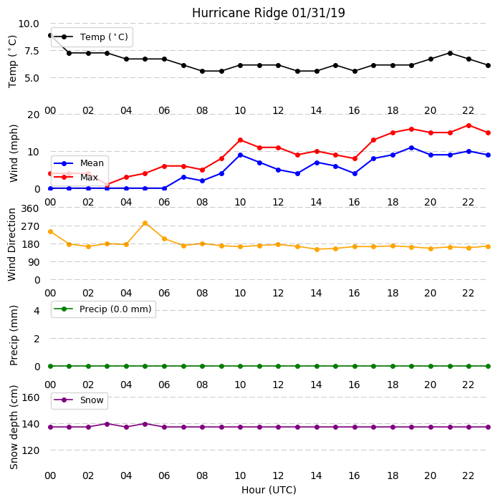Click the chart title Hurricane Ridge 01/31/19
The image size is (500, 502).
[269, 13]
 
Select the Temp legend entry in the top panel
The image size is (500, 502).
[92, 37]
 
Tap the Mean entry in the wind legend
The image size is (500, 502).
[79, 163]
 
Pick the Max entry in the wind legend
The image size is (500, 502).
[76, 177]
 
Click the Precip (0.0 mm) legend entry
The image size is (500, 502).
[103, 309]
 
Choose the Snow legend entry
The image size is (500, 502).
[79, 400]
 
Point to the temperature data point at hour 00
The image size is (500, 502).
[50, 36]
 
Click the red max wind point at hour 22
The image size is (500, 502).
[469, 125]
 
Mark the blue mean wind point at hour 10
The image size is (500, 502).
[240, 155]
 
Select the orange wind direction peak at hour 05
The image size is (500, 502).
[145, 223]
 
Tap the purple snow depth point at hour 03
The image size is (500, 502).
[107, 424]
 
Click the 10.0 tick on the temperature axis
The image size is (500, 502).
[28, 24]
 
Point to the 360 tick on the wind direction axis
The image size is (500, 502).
[30, 208]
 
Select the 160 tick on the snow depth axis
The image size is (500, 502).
[30, 397]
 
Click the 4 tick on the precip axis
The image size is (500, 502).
[37, 311]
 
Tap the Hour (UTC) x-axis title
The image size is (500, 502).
[269, 490]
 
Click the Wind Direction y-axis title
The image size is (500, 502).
[12, 245]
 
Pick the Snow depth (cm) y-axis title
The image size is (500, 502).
[14, 427]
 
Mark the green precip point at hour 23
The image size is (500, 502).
[488, 366]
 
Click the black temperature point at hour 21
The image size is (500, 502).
[450, 53]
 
